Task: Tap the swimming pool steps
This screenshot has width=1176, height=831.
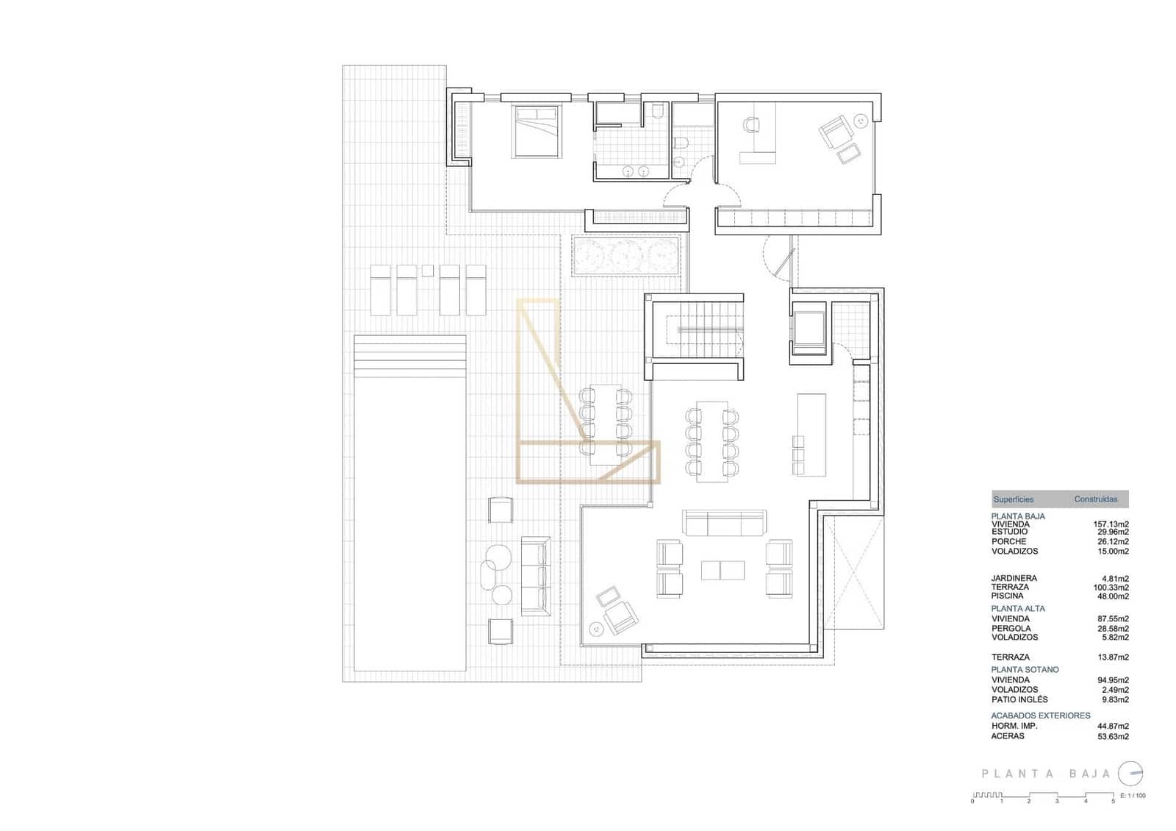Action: click(x=410, y=355)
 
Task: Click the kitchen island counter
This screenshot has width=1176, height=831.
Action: click(x=811, y=427)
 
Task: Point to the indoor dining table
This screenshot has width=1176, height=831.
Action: click(x=711, y=441)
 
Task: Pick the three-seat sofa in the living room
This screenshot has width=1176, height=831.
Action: click(x=724, y=524)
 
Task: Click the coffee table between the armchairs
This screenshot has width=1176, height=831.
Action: click(x=723, y=570)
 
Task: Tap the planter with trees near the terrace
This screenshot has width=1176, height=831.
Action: click(x=626, y=255)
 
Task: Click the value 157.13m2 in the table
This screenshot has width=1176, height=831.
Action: click(x=1111, y=524)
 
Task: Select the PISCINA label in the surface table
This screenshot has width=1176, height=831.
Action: click(x=1007, y=596)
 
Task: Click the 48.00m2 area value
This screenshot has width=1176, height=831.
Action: click(x=1111, y=596)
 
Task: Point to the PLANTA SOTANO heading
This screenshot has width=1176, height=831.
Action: click(x=1025, y=669)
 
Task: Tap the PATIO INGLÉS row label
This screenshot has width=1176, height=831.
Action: click(x=1019, y=699)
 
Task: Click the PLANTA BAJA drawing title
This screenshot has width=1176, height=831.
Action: click(x=1047, y=774)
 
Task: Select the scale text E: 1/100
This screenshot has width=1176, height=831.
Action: click(x=1132, y=795)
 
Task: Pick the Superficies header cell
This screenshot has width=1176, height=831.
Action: click(x=1013, y=499)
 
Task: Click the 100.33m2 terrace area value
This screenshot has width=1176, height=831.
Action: click(x=1111, y=587)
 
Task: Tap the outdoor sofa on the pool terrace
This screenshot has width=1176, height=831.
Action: click(x=535, y=576)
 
